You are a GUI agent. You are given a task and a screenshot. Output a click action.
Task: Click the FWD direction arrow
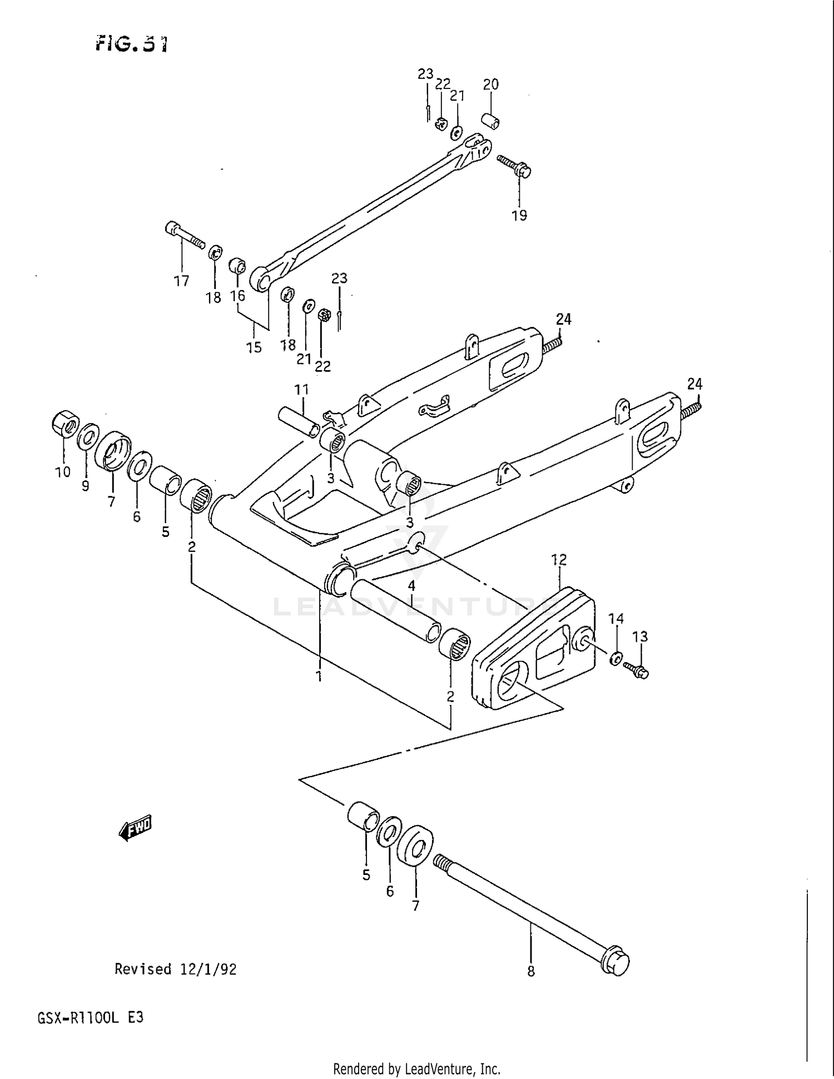pyautogui.click(x=135, y=828)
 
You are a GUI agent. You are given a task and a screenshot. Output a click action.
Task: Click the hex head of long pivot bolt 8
pyautogui.click(x=616, y=963)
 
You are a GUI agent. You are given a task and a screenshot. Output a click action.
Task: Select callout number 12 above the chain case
pyautogui.click(x=559, y=560)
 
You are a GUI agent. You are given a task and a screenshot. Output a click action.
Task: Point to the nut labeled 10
pyautogui.click(x=66, y=426)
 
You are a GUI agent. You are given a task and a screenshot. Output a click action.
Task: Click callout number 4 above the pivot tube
pyautogui.click(x=411, y=585)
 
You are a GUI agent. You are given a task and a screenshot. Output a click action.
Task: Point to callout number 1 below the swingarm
pyautogui.click(x=319, y=677)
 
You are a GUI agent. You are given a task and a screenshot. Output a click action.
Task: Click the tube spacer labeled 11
pyautogui.click(x=299, y=421)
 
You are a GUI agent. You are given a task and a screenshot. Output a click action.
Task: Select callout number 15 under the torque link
pyautogui.click(x=254, y=347)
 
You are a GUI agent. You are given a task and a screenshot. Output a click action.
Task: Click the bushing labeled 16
pyautogui.click(x=238, y=266)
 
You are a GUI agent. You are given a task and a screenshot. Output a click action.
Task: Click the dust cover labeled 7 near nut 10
pyautogui.click(x=113, y=450)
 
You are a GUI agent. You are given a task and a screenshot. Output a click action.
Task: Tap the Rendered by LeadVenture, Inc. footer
pyautogui.click(x=416, y=1070)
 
